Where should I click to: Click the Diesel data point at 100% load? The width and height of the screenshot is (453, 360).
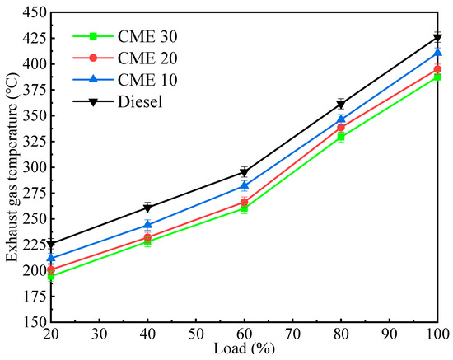click(437, 38)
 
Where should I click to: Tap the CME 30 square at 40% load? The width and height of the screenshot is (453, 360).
click(147, 241)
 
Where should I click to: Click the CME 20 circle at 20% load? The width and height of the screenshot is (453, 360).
click(51, 269)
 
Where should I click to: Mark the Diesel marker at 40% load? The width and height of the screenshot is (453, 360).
click(147, 208)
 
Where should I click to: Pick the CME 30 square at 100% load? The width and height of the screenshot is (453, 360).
click(437, 77)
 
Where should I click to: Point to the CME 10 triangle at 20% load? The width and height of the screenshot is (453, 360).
click(51, 258)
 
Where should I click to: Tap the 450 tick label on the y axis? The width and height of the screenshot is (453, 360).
click(30, 12)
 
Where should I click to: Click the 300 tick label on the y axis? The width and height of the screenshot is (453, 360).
click(30, 167)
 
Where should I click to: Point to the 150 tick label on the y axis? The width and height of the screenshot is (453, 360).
click(30, 322)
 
